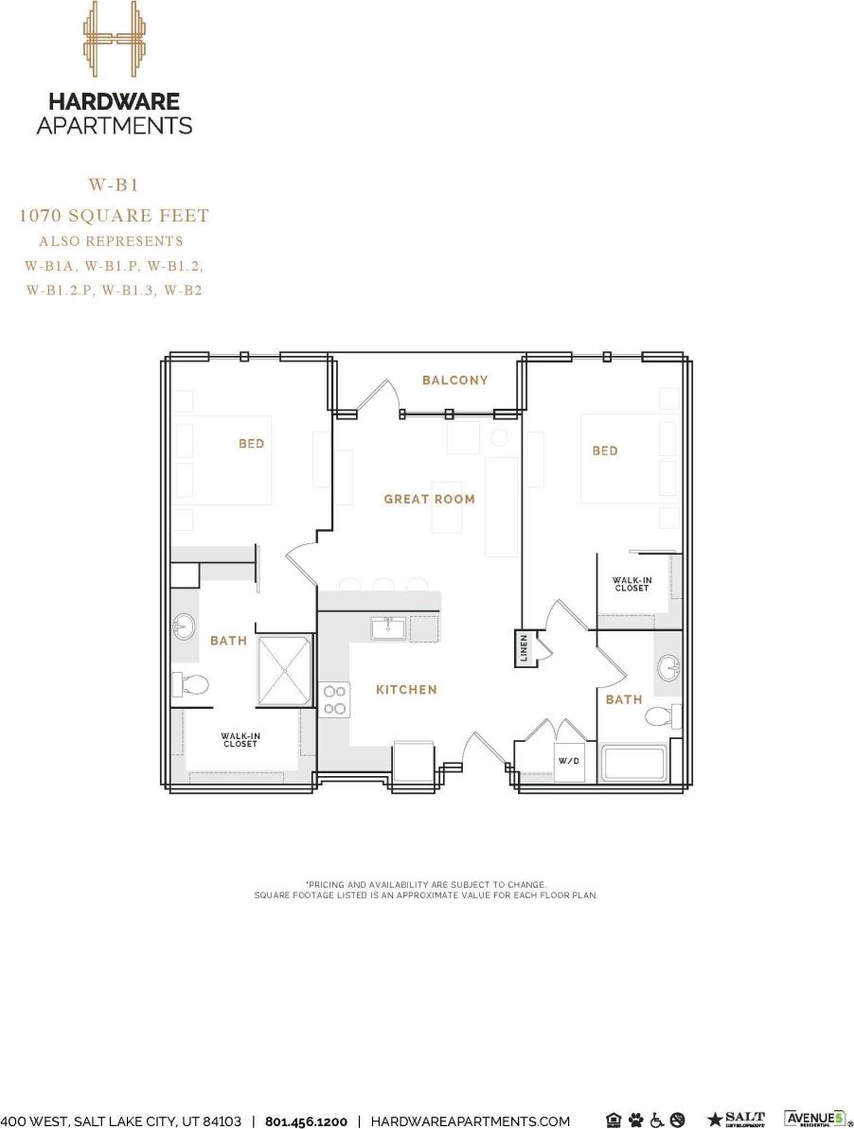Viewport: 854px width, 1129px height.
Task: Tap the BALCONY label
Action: (455, 380)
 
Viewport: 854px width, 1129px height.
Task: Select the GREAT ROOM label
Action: (429, 499)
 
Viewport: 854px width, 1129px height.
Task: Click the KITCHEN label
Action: (407, 690)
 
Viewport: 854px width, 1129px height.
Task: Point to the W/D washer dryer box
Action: (568, 760)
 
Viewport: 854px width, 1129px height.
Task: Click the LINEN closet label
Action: (524, 648)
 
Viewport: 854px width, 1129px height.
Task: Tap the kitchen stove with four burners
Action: (335, 700)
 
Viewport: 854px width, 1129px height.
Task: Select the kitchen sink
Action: (388, 628)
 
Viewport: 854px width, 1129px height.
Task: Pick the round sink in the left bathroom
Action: (185, 626)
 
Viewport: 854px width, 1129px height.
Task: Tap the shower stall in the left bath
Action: (286, 669)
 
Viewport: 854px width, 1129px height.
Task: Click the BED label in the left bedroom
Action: (252, 444)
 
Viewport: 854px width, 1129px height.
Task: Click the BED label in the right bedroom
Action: (605, 451)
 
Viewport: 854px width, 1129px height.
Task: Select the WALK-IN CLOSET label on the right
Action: (632, 585)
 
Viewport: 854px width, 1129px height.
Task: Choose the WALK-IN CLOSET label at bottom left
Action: (240, 739)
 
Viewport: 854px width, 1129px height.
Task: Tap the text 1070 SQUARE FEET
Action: (114, 216)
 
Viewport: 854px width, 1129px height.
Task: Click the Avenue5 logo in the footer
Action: (813, 1120)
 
